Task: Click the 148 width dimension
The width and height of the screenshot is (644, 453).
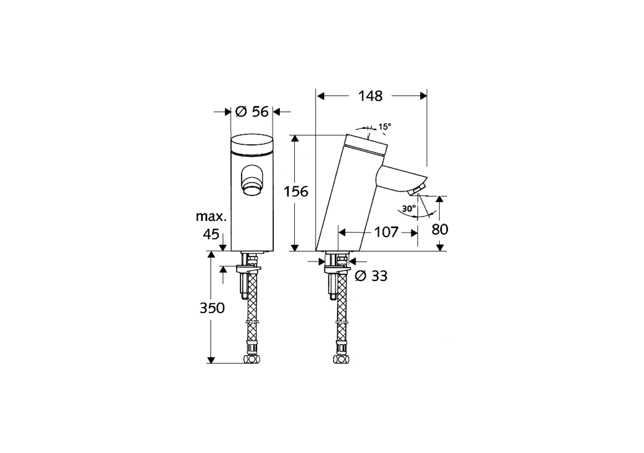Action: coord(370,96)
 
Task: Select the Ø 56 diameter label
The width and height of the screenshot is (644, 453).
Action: coord(252,112)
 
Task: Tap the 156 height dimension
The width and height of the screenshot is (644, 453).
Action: coord(296,191)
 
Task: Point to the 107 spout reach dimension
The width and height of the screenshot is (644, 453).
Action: coord(386,232)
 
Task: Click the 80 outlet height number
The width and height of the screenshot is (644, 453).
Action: coord(440,230)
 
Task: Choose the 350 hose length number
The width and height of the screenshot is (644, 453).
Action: coord(212,308)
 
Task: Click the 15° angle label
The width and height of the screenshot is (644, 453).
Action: coord(385,126)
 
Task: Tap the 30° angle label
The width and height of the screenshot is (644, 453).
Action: coord(409,208)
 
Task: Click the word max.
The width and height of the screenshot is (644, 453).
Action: coord(211,216)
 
